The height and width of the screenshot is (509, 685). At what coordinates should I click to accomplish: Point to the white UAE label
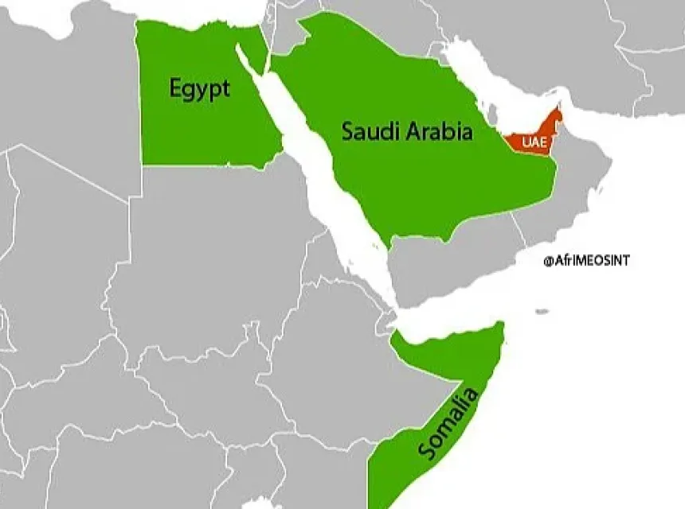click(x=533, y=142)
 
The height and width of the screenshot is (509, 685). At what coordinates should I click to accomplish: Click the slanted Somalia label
click(x=451, y=422)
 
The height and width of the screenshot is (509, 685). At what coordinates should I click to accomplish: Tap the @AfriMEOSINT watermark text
click(x=585, y=260)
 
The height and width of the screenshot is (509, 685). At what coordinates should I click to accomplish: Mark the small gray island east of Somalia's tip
click(x=542, y=312)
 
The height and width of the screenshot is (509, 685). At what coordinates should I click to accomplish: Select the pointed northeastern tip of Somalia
click(x=500, y=325)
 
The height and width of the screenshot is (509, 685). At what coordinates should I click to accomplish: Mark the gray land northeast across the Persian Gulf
click(x=558, y=48)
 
